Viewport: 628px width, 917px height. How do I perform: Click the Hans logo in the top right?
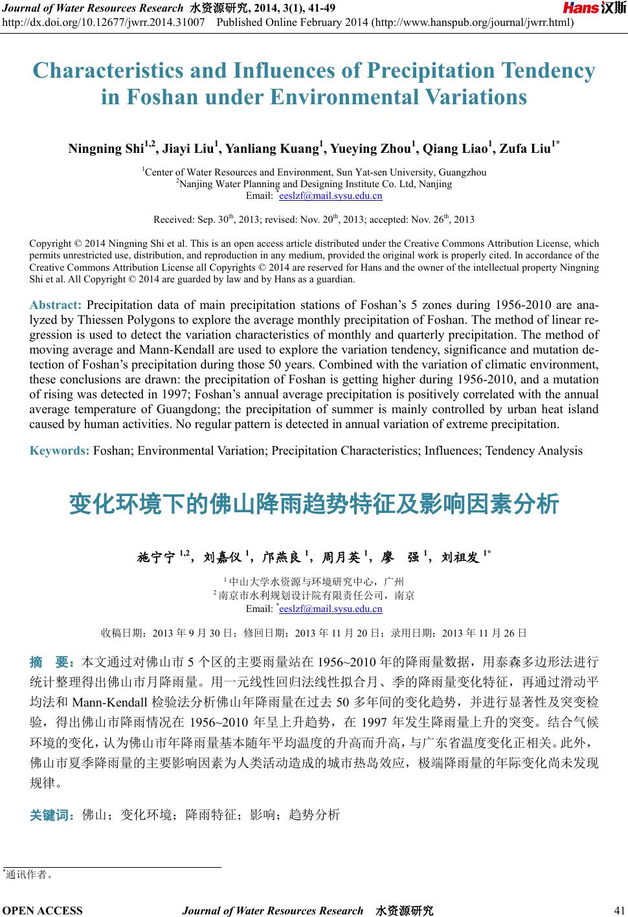pyautogui.click(x=594, y=8)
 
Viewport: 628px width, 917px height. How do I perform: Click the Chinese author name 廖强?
pyautogui.click(x=401, y=557)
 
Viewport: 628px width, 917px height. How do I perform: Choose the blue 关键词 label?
pyautogui.click(x=52, y=815)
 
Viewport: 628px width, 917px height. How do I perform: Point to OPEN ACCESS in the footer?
pyautogui.click(x=43, y=911)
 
